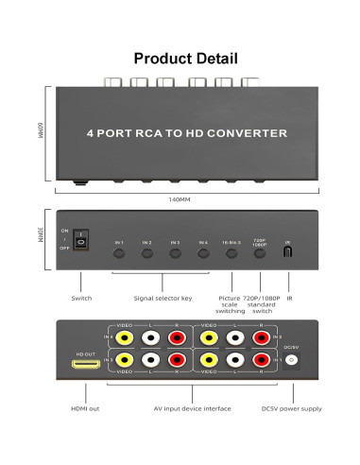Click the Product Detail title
point(180,59)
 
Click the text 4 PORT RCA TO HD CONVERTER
point(186,134)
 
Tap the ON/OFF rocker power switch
point(80,240)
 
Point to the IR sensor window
point(287,252)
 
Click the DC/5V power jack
point(291,360)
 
